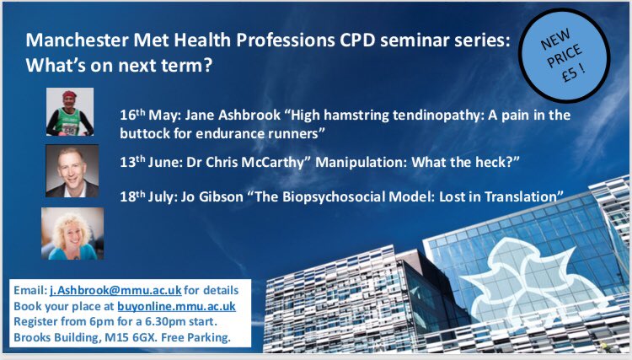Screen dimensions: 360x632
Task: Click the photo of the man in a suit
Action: [72, 169]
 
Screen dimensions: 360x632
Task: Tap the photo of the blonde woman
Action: [67, 234]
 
